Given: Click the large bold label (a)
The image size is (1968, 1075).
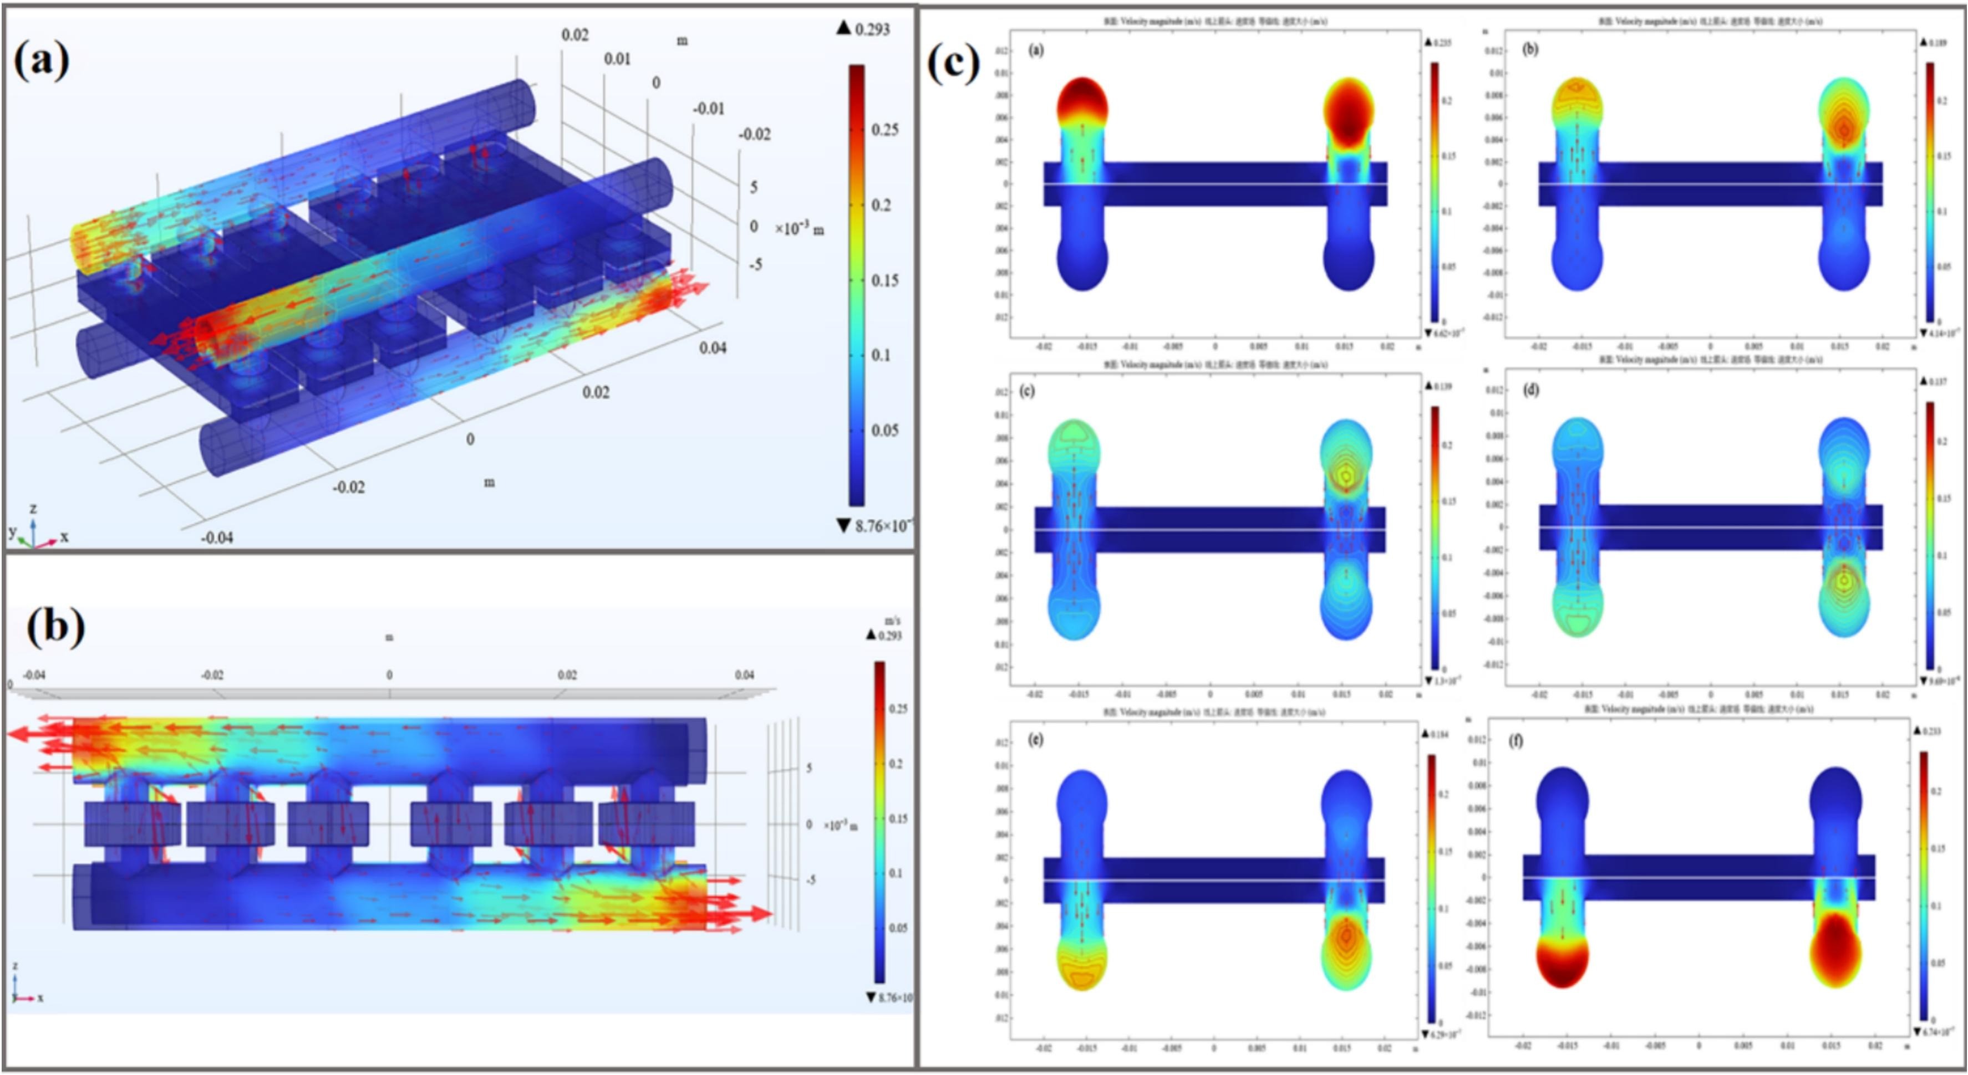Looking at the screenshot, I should [42, 61].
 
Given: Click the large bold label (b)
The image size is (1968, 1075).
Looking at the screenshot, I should [55, 628].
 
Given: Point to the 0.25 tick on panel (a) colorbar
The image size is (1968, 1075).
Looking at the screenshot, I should [884, 130].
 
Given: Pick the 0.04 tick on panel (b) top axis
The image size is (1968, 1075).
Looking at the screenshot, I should [744, 675].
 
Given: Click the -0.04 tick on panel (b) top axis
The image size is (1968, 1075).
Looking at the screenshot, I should [34, 675].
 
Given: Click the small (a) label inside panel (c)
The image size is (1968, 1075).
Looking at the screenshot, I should [1037, 50].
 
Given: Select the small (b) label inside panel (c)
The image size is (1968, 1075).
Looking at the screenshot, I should [1530, 49].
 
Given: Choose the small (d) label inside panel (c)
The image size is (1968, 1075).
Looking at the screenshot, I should [1530, 391].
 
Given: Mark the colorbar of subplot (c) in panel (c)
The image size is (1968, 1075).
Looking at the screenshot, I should [1434, 538].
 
